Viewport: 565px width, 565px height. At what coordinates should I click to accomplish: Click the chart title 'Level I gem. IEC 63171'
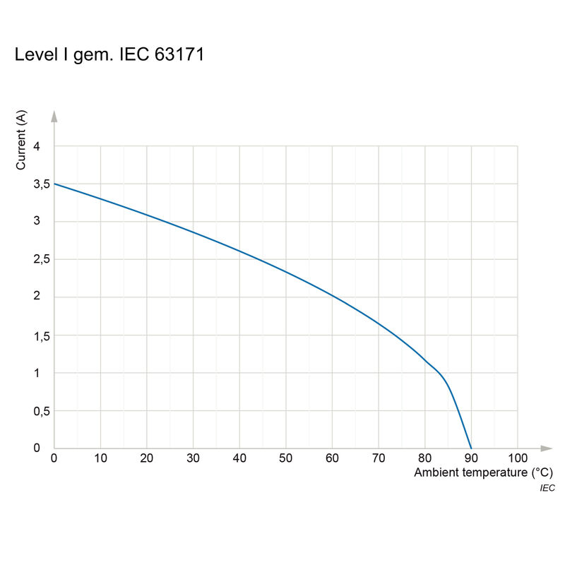pos(109,55)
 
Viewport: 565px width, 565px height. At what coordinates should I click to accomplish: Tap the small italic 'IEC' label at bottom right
pos(547,488)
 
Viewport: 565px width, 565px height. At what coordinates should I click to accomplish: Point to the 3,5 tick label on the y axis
pos(41,184)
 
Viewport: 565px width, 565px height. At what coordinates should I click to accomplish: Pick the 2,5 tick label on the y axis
pos(41,260)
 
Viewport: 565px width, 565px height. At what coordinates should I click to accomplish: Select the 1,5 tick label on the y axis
pos(41,335)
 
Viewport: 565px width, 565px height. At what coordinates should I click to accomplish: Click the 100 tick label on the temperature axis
pos(518,458)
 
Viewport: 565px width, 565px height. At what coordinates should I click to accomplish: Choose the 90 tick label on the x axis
pos(471,458)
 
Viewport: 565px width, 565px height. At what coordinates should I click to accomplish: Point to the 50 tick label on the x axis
pos(286,458)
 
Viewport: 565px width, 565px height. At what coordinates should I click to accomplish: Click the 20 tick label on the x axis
pos(147,458)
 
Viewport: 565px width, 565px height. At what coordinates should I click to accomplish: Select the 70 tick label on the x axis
pos(379,458)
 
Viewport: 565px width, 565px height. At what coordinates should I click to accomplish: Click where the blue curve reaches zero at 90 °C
pos(471,448)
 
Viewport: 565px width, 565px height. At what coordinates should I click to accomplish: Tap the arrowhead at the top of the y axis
pos(54,115)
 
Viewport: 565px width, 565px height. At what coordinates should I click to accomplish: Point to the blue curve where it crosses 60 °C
pos(332,295)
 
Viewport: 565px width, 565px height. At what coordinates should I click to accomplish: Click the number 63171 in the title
pos(179,55)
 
